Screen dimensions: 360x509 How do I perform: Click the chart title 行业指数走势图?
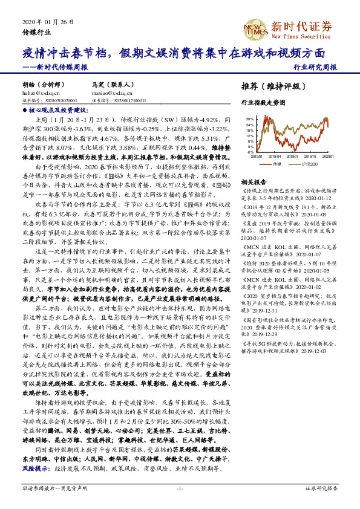(x=262, y=103)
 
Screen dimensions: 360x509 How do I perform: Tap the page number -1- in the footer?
(x=180, y=488)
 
